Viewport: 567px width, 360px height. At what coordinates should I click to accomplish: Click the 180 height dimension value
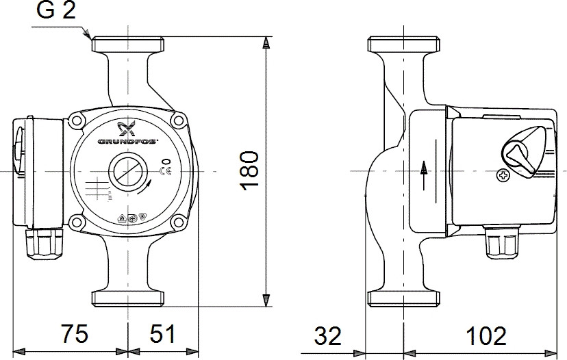[250, 169]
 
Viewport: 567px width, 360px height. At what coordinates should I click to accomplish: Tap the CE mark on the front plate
[164, 171]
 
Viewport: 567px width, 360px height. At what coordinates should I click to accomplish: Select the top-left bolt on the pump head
[75, 121]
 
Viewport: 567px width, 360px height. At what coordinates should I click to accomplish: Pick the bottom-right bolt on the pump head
[179, 220]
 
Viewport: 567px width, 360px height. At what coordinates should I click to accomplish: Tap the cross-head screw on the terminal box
[503, 177]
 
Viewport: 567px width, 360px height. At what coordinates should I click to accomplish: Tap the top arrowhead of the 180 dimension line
[266, 42]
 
